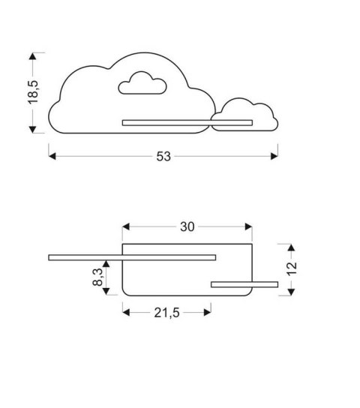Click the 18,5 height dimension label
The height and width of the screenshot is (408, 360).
[x=34, y=92]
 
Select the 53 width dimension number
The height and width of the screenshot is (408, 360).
[x=163, y=156]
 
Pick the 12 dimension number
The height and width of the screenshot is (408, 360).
[x=292, y=268]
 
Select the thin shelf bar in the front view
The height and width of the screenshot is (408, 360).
[x=187, y=121]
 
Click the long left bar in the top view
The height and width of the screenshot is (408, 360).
[x=132, y=258]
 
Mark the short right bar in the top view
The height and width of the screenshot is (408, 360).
[x=244, y=283]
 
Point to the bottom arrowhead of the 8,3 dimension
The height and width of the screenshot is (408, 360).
[x=106, y=292]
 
